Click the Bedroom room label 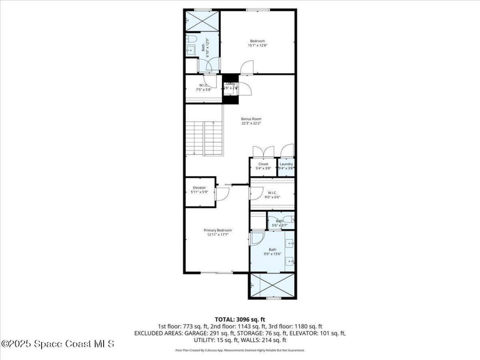257,41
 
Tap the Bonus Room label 251,119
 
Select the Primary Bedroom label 217,230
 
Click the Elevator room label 199,187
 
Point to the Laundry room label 286,164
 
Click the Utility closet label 231,84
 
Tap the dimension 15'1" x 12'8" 257,45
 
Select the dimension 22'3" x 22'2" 251,123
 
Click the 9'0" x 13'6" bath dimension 272,254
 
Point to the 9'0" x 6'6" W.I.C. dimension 272,197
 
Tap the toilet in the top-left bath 190,39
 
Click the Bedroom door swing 247,67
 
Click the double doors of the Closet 264,151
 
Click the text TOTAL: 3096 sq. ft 240,319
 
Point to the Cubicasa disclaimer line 240,350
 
